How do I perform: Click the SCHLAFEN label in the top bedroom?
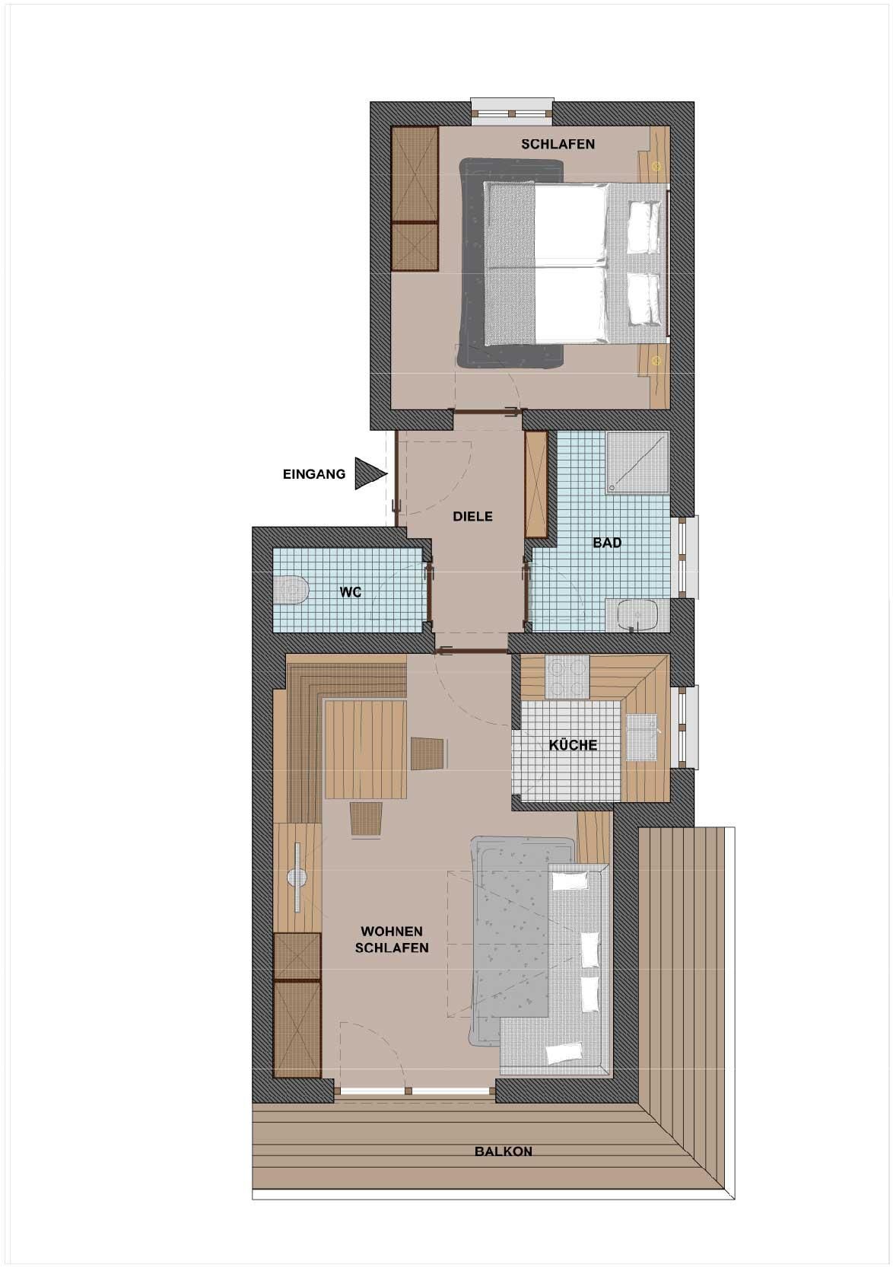558,144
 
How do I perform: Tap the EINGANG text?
314,474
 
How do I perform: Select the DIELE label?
472,516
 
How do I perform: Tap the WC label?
351,593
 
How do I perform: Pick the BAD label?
607,543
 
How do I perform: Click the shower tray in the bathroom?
637,463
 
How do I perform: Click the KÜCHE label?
573,745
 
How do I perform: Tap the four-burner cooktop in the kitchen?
567,677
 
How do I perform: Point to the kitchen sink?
642,737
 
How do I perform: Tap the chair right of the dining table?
428,753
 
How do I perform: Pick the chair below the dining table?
366,818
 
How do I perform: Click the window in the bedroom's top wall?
512,112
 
